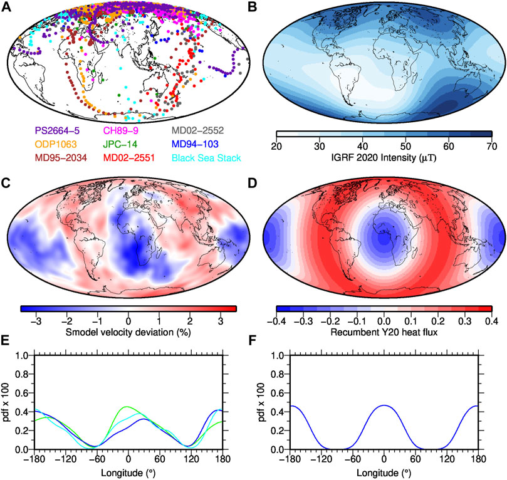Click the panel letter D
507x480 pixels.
[262, 184]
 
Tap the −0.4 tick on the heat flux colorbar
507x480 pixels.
[276, 318]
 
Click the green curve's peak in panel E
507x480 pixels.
[127, 407]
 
